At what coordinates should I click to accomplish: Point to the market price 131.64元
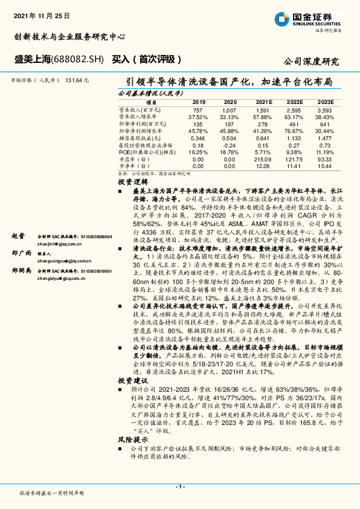[77, 79]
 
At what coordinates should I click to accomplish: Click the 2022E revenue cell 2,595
[294, 111]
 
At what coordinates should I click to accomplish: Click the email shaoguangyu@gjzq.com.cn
[62, 261]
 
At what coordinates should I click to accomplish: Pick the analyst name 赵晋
[19, 236]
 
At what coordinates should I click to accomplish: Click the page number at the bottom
[179, 487]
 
